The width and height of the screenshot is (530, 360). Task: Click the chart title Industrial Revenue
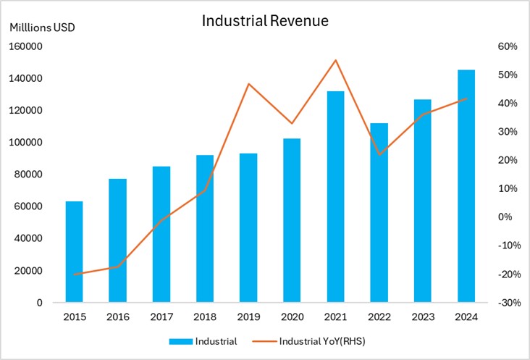[265, 22]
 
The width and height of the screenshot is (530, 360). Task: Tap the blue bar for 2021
[335, 196]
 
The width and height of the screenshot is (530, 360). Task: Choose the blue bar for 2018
[204, 228]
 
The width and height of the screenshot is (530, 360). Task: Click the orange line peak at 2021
[335, 60]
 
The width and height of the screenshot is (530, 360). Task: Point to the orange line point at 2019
[248, 84]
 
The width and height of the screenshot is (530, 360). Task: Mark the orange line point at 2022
[379, 154]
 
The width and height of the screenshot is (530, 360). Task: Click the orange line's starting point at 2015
[74, 275]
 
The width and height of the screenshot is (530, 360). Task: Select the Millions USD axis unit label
[42, 28]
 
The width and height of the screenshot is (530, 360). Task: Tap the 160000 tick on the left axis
[26, 46]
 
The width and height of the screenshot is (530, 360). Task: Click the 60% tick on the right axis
[506, 46]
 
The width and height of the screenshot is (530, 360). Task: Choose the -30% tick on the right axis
[505, 303]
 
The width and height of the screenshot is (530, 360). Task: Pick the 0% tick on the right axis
[508, 217]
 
